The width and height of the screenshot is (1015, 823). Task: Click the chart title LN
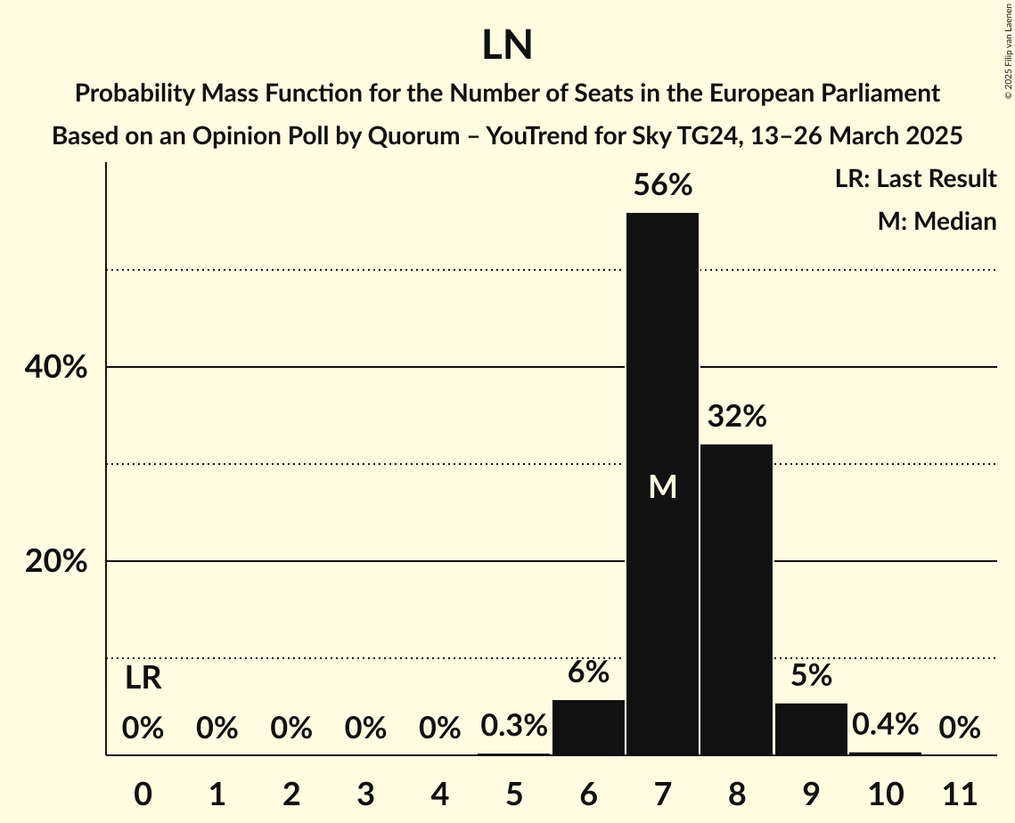coord(507,45)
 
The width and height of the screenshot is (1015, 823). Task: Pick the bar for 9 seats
coord(811,729)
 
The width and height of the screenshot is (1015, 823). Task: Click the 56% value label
coord(662,185)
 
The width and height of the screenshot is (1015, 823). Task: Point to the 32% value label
coord(737,416)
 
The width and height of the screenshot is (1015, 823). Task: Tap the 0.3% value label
coord(513,726)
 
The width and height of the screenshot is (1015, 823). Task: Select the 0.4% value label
coord(885,724)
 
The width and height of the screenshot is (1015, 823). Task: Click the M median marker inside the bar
coord(662,486)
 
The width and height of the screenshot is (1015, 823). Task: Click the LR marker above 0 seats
coord(143,679)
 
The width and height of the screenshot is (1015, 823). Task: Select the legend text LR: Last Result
coord(915,179)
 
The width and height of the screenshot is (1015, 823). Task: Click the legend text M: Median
coord(937,221)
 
